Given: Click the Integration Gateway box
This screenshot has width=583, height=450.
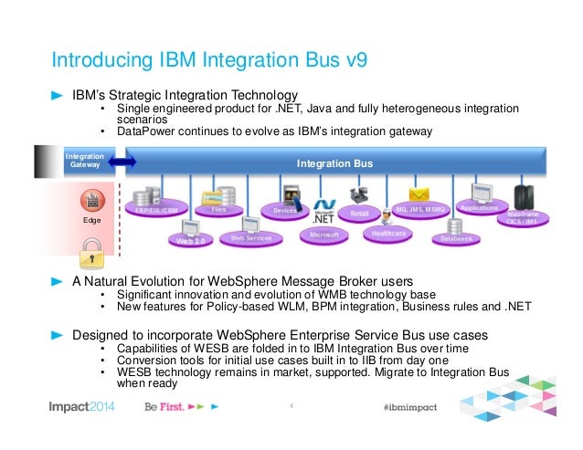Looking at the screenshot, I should [x=83, y=162].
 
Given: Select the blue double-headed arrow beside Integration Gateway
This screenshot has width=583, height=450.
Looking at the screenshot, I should [x=122, y=162].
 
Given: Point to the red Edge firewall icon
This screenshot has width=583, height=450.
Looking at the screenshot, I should [x=90, y=201].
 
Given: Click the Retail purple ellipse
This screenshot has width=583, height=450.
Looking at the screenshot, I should [x=360, y=214].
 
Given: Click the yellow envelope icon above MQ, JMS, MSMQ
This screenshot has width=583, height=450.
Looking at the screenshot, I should [x=419, y=194].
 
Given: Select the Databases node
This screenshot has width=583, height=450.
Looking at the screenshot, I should [x=456, y=238].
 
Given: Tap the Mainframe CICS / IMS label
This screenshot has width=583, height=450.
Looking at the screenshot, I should [x=522, y=218].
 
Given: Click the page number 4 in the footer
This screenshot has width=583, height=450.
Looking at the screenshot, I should [x=290, y=406].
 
